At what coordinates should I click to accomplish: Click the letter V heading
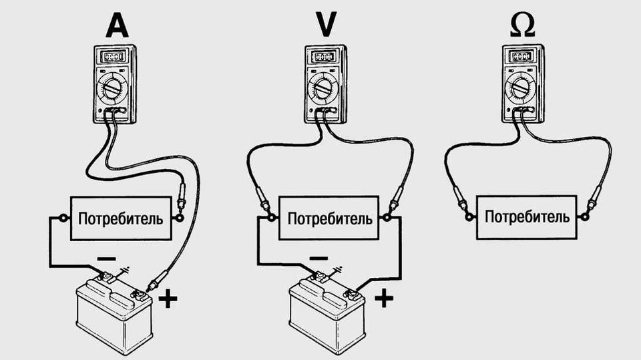[326, 25]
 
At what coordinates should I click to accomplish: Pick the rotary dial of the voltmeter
[324, 87]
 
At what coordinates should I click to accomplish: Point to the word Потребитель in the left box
[120, 218]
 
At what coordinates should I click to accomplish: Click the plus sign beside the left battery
[170, 299]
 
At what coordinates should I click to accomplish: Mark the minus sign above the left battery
[107, 258]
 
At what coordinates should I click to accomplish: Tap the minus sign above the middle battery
[318, 258]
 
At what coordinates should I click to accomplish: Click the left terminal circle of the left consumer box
[63, 218]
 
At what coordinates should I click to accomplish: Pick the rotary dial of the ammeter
[114, 87]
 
